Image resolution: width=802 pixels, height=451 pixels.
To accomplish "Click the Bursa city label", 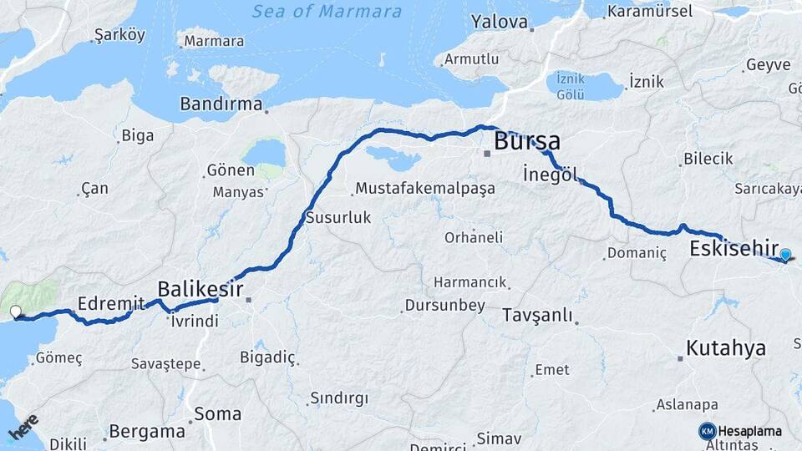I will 526,140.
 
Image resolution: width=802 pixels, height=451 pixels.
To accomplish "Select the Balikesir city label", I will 200,289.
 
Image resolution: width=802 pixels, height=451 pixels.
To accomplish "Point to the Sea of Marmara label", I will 327,12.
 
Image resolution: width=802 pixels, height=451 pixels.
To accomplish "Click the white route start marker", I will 15,312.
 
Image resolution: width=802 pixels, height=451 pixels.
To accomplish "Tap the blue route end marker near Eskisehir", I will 785,255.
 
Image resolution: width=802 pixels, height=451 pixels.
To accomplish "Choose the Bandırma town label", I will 221,104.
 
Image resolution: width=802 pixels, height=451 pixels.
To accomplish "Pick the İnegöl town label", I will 549,175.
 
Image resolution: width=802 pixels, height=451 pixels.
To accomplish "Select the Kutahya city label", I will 725,348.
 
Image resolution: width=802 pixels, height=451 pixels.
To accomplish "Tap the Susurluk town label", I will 338,217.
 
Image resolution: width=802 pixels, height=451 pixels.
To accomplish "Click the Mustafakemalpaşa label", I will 424,189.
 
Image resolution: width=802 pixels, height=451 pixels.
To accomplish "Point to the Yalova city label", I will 499,22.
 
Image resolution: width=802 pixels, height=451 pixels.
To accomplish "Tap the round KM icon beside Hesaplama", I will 707,431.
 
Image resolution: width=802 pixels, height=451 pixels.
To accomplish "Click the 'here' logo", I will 23,427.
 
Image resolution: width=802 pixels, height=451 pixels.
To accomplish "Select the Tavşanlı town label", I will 537,316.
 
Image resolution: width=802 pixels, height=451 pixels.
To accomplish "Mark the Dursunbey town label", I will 444,306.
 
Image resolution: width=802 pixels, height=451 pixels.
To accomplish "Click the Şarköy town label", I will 119,35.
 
